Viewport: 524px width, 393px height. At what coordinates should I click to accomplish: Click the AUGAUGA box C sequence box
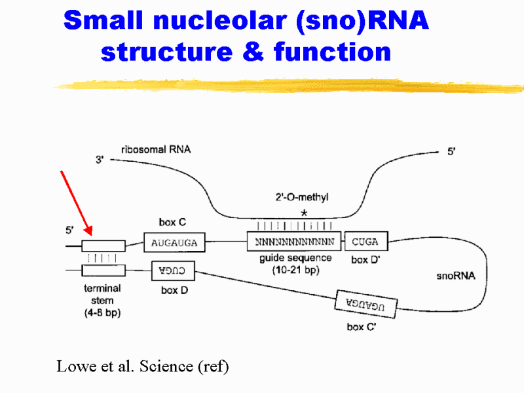coord(174,243)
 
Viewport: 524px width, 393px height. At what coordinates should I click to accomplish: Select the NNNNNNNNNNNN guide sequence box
coord(294,242)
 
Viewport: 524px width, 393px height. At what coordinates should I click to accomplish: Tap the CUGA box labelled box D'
coord(365,242)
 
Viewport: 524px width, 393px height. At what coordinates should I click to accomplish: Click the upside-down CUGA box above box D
coord(174,269)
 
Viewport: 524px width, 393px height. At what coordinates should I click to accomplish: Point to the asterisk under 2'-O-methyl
coord(303,214)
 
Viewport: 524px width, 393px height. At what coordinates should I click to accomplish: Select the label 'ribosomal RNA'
coord(155,150)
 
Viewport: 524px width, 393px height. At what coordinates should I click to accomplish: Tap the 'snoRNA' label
coord(455,276)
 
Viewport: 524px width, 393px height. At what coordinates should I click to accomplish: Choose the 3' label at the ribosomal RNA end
coord(100,159)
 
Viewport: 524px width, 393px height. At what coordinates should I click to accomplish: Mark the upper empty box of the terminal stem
coord(103,246)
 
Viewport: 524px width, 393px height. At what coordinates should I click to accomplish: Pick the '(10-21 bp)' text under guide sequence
coord(295,269)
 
